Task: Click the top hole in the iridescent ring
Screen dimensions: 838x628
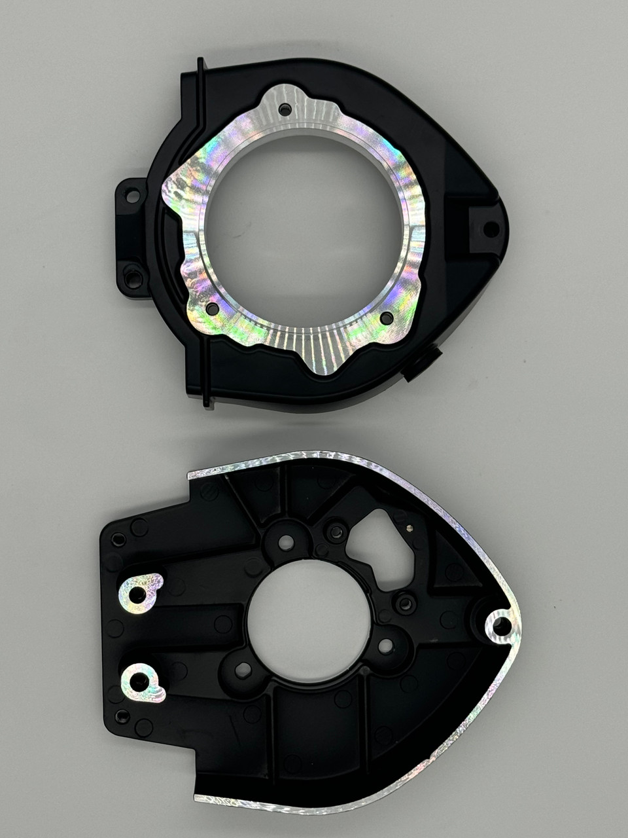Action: tap(285, 109)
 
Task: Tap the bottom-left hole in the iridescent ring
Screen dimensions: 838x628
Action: tap(213, 308)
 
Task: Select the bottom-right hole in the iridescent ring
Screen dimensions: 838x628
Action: tap(387, 318)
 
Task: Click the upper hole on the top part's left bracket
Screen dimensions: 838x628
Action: tap(132, 195)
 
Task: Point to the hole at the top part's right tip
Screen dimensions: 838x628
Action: tap(490, 229)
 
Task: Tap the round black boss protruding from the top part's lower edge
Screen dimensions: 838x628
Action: tap(422, 364)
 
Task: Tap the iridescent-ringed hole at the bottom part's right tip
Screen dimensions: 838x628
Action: tap(501, 625)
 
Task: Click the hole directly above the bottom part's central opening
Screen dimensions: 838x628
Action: tap(286, 542)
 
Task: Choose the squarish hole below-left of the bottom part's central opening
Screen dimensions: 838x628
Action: tap(243, 670)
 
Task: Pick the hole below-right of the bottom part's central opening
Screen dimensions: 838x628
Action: tap(386, 646)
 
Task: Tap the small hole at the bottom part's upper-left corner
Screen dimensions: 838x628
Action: tap(118, 539)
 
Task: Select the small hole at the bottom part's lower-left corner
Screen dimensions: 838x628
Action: tap(122, 716)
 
